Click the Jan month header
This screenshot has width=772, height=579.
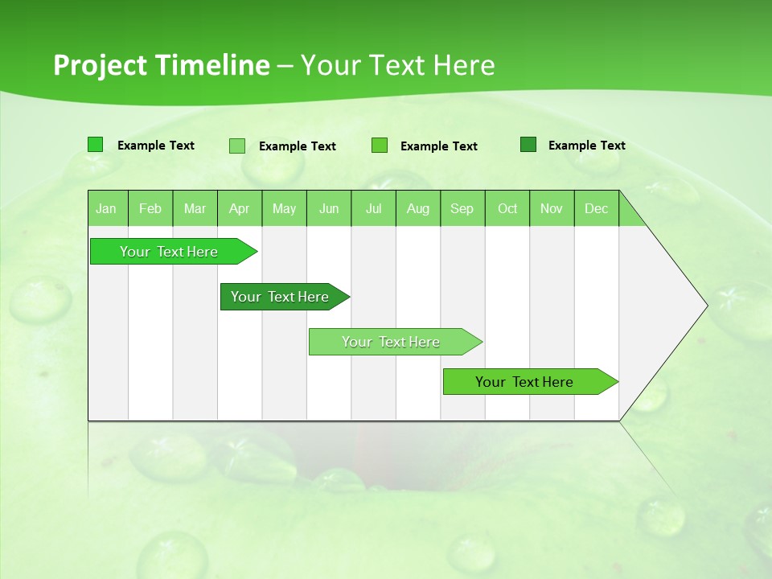point(107,208)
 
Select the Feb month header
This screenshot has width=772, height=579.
point(150,208)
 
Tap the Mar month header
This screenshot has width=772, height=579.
point(195,208)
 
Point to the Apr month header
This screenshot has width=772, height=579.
point(240,208)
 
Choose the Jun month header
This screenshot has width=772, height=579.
point(329,208)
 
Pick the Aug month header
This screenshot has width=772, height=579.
point(418,208)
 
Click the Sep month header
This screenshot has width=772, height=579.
point(462,208)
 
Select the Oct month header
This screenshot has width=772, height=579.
point(507,208)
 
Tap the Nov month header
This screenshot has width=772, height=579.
point(552,208)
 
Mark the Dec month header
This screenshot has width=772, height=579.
point(597,208)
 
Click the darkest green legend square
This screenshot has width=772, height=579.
point(528,145)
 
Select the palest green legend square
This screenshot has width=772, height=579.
point(237,146)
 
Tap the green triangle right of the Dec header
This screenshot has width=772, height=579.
point(630,216)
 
